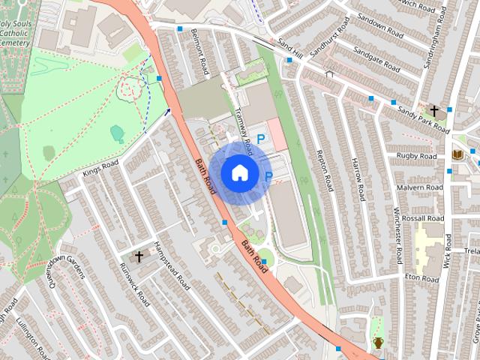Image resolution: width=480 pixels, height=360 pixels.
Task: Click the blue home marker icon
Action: pos(238,172)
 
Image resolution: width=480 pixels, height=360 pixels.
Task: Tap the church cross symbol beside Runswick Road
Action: pos(139,257)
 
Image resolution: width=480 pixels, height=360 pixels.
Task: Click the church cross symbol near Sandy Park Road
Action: pos(434,110)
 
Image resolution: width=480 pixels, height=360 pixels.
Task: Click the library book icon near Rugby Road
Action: pos(457,155)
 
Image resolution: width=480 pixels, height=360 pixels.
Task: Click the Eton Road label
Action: pos(421,277)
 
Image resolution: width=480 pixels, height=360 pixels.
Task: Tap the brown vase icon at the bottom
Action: pos(379,343)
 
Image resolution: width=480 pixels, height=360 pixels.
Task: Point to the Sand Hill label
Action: pos(289,50)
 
